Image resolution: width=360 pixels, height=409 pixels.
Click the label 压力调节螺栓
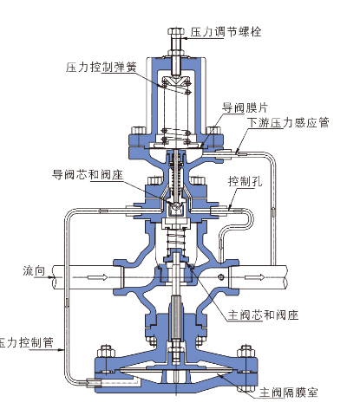pyautogui.click(x=226, y=31)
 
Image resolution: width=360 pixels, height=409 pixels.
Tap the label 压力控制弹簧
pyautogui.click(x=101, y=67)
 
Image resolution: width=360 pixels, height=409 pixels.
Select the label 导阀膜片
pyautogui.click(x=245, y=107)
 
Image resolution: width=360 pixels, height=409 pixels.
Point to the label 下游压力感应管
pyautogui.click(x=288, y=122)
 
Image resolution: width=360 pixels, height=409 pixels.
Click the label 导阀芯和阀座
pyautogui.click(x=88, y=174)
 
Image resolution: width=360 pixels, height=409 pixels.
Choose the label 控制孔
pyautogui.click(x=245, y=181)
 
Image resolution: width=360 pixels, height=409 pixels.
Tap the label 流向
pyautogui.click(x=34, y=271)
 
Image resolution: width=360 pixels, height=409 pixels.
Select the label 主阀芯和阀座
pyautogui.click(x=263, y=315)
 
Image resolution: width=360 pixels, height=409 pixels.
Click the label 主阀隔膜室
pyautogui.click(x=288, y=393)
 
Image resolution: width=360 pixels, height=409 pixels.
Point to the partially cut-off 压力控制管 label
pyautogui.click(x=27, y=342)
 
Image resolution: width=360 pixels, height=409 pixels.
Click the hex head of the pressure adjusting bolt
pyautogui.click(x=176, y=32)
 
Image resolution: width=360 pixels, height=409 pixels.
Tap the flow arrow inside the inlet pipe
pyautogui.click(x=98, y=277)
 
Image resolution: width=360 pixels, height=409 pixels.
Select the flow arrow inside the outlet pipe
pyautogui.click(x=254, y=277)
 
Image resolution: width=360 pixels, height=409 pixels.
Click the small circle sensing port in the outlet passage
pyautogui.click(x=221, y=277)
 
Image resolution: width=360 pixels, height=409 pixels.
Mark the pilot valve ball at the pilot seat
pyautogui.click(x=175, y=205)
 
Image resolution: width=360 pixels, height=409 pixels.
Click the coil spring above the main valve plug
pyautogui.click(x=176, y=238)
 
